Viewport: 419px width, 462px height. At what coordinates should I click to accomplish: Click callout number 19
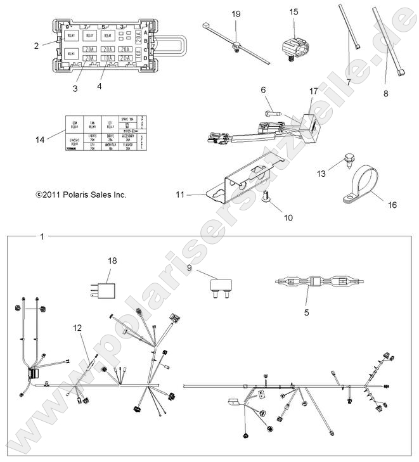(236, 13)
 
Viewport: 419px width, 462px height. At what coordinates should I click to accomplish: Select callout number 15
(293, 12)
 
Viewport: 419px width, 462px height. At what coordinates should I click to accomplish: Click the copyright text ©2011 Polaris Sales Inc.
(81, 195)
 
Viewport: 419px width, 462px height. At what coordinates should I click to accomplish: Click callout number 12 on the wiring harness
(77, 328)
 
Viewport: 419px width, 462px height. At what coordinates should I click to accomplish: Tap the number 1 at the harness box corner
(42, 237)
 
